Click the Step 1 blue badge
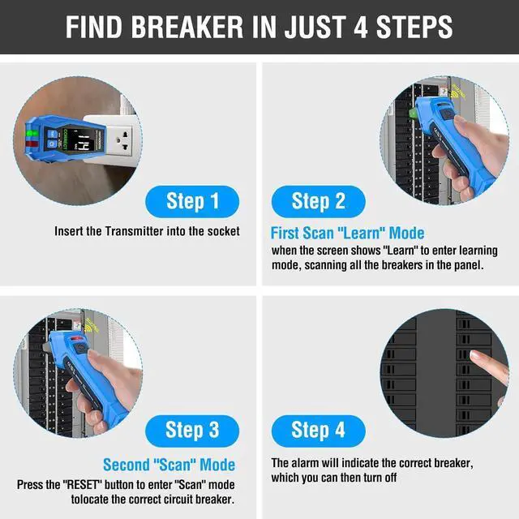click(192, 200)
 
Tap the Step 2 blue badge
click(318, 200)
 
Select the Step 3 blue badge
click(192, 429)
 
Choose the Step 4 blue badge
click(318, 429)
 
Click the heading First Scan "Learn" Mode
click(347, 234)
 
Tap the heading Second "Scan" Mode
click(169, 465)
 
